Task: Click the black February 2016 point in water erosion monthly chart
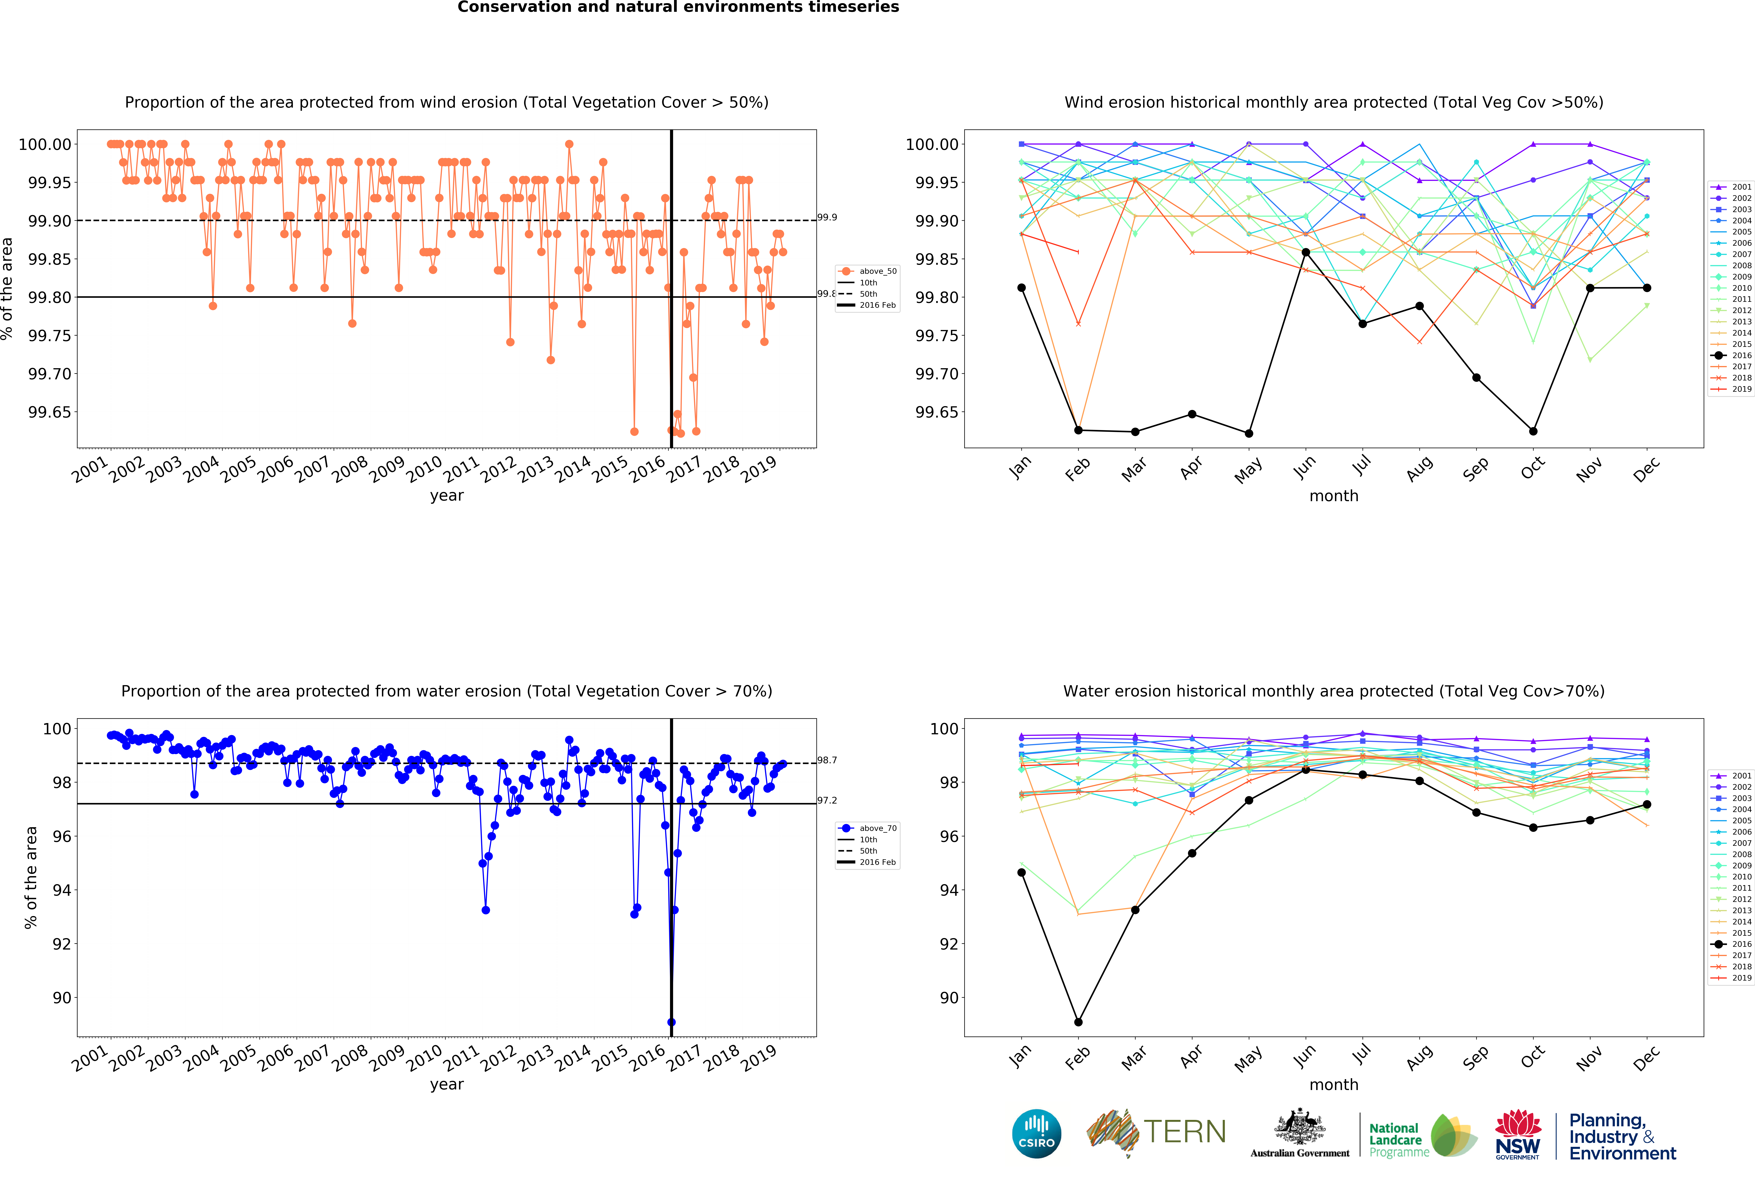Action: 1078,1022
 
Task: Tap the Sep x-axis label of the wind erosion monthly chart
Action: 1475,469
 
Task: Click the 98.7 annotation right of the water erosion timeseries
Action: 827,760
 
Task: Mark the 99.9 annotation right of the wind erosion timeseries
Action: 827,217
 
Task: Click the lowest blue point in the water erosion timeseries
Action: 671,1022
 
